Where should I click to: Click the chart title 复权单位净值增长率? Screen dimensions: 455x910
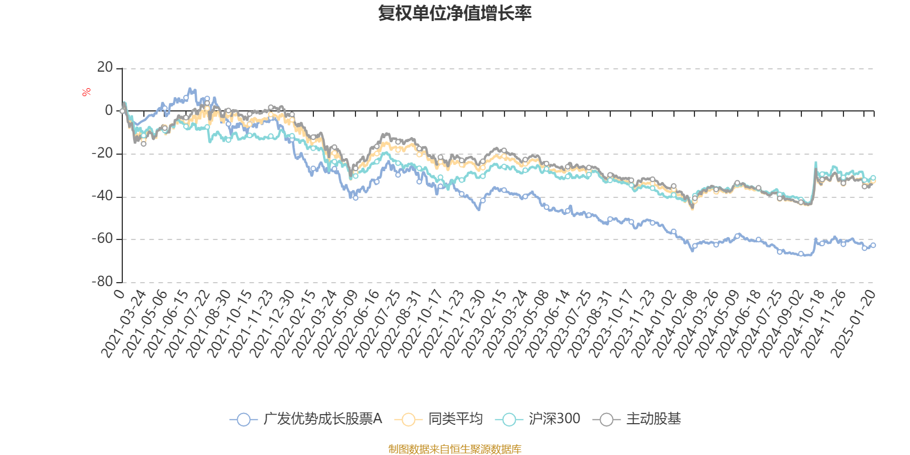[455, 13]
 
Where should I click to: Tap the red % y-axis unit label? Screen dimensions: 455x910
[86, 92]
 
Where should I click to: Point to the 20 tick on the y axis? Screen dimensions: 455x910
[105, 68]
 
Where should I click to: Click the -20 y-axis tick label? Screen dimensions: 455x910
[103, 154]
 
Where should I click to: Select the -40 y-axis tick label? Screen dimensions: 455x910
[103, 196]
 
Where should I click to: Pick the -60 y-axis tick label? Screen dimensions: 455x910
[103, 239]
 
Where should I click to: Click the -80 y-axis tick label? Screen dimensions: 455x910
[103, 282]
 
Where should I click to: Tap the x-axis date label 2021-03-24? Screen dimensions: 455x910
[125, 323]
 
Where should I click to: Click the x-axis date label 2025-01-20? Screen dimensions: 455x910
[853, 323]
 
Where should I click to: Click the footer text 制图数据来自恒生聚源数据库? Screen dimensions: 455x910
[455, 449]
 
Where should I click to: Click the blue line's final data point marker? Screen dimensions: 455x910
[874, 245]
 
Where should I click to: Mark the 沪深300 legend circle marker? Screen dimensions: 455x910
[509, 420]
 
